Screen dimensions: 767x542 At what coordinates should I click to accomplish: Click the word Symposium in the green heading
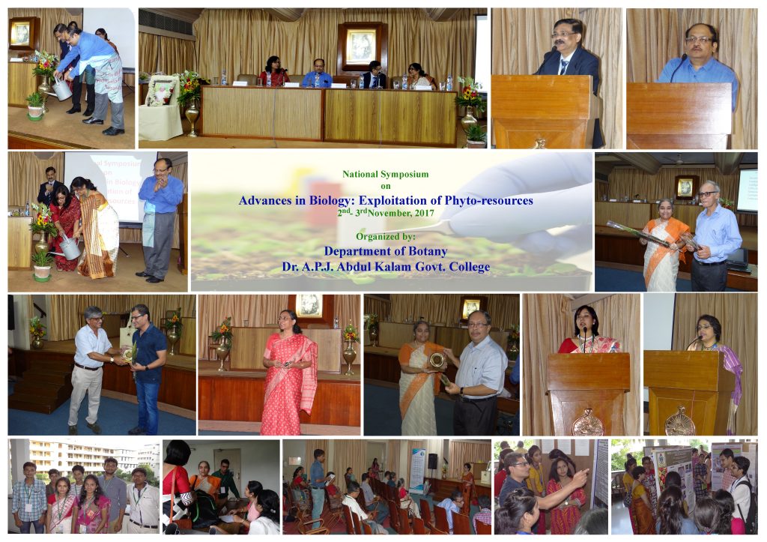click(x=404, y=174)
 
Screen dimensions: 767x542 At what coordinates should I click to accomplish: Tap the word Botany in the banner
click(x=428, y=251)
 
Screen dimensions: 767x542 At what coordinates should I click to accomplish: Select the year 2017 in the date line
click(x=424, y=213)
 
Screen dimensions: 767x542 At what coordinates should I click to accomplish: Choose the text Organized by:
click(x=386, y=236)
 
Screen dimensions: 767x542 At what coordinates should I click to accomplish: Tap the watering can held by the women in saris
click(x=69, y=248)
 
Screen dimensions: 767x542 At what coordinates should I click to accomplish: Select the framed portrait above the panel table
click(x=362, y=47)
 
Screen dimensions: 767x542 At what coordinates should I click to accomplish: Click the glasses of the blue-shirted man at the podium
click(x=700, y=39)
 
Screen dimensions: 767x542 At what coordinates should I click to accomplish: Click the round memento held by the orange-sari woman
click(x=437, y=361)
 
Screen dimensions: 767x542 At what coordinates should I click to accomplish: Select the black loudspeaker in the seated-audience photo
click(x=433, y=461)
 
